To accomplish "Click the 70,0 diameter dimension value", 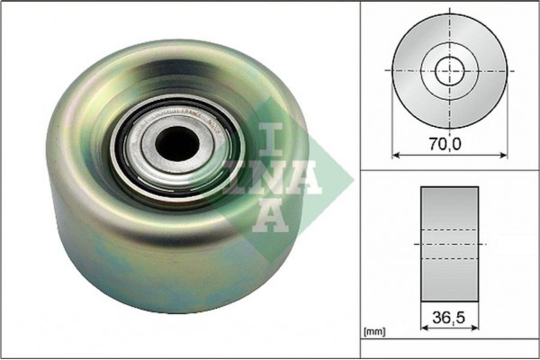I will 450,142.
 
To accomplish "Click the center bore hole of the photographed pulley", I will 175,140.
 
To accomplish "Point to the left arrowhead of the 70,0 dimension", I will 397,154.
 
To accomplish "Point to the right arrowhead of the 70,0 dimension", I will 503,154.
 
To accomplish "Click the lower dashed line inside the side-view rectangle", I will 450,259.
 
